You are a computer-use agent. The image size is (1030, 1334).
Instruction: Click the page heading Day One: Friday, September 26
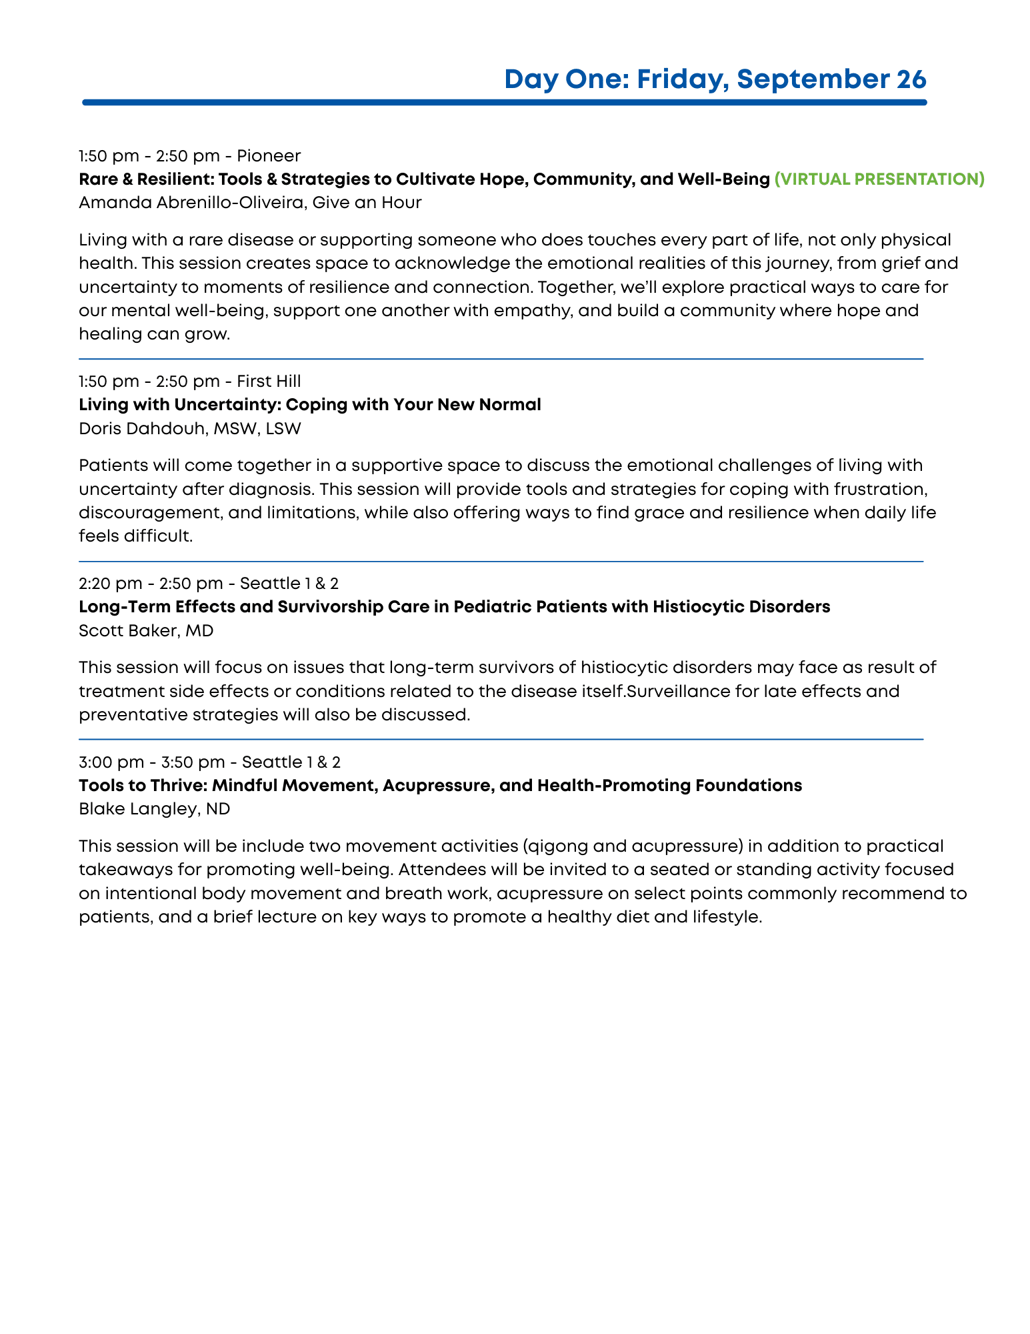[x=715, y=79]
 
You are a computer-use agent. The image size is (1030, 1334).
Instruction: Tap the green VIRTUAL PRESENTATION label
[x=879, y=179]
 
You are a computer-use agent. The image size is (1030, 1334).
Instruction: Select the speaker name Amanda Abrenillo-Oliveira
[x=191, y=202]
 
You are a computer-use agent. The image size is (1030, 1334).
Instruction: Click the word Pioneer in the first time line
[x=269, y=156]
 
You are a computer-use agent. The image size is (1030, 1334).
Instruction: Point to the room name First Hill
[x=269, y=382]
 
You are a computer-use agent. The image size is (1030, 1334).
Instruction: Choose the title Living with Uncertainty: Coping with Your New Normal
[x=309, y=405]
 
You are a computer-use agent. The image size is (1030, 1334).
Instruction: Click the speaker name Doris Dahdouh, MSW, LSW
[x=189, y=428]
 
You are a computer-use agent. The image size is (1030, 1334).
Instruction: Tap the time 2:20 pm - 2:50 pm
[x=151, y=584]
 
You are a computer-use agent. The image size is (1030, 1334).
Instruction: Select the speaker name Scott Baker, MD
[x=146, y=630]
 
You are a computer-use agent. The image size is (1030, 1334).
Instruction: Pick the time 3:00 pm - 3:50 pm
[x=151, y=762]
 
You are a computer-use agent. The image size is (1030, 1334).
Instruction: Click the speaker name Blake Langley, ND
[x=154, y=809]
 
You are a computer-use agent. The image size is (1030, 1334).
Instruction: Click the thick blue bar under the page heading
[x=504, y=103]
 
